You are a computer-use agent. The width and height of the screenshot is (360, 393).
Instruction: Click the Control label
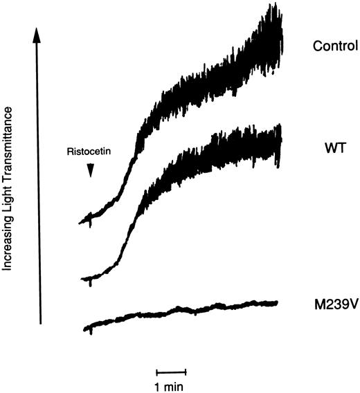coord(334,47)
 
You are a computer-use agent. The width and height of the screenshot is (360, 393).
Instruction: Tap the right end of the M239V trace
coord(278,302)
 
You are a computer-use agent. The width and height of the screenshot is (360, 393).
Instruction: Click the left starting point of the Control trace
coord(80,222)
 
